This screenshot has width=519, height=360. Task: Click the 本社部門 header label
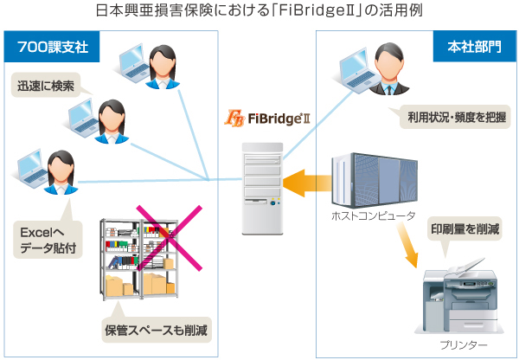tap(468, 46)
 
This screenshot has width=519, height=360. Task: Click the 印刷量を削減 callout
tap(465, 229)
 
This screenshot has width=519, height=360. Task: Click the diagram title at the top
tap(259, 12)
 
